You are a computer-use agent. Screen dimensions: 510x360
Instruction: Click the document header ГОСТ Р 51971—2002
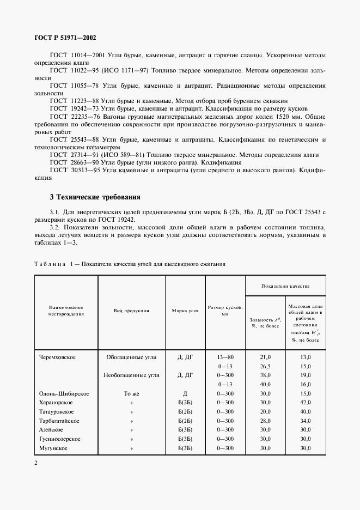click(65, 38)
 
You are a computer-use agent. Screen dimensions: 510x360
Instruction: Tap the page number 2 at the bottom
click(36, 463)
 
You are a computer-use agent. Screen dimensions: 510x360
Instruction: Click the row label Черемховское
click(57, 357)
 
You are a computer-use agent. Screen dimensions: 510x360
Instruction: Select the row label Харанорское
click(56, 403)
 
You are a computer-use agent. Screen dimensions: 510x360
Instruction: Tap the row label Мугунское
click(53, 448)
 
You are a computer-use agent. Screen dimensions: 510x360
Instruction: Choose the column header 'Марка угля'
click(185, 311)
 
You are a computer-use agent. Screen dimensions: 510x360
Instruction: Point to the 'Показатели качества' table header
click(285, 286)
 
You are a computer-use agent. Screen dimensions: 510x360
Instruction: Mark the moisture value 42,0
click(306, 403)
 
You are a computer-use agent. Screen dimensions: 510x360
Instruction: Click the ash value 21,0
click(265, 357)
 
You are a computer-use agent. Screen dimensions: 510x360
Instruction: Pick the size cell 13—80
click(225, 357)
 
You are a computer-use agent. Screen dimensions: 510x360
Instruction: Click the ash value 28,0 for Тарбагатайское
click(265, 421)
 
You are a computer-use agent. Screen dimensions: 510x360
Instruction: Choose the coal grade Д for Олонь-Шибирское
click(185, 393)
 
